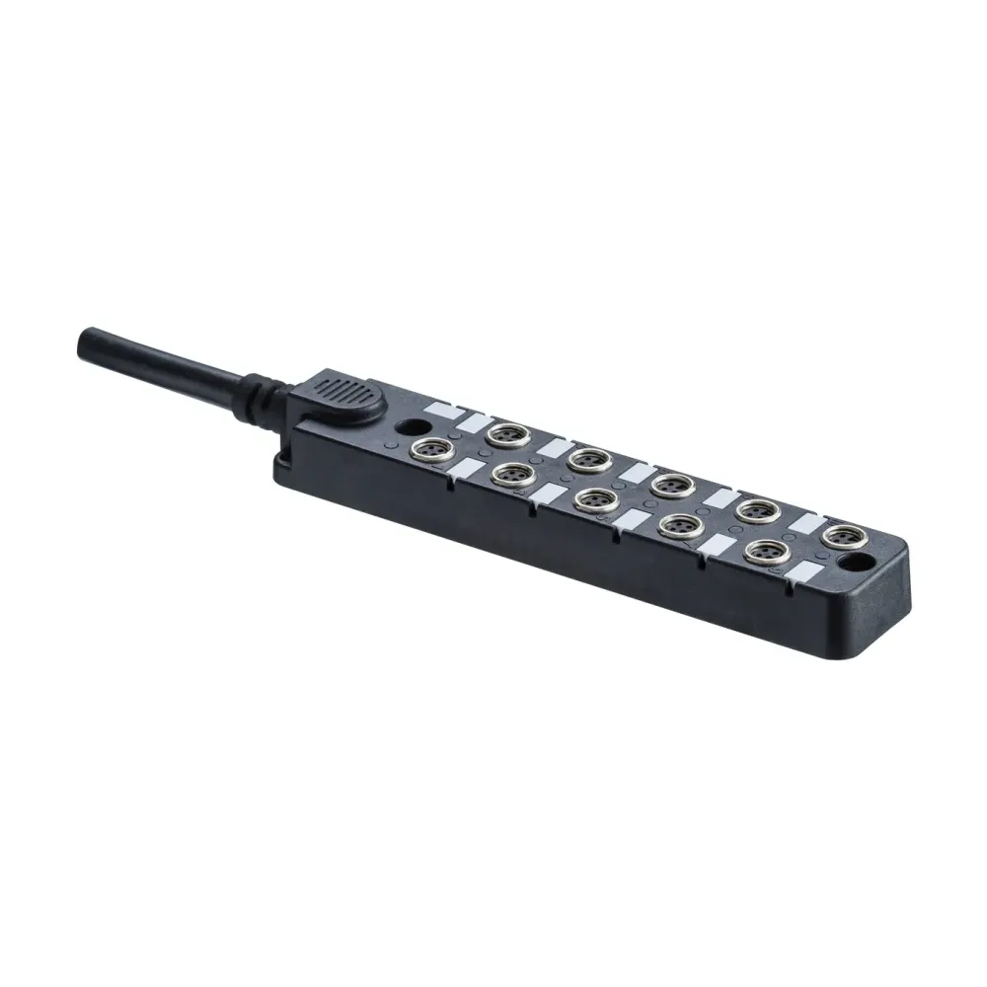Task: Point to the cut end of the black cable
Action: [x=86, y=345]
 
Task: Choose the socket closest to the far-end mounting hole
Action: [x=840, y=536]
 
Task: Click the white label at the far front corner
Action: [x=808, y=571]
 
